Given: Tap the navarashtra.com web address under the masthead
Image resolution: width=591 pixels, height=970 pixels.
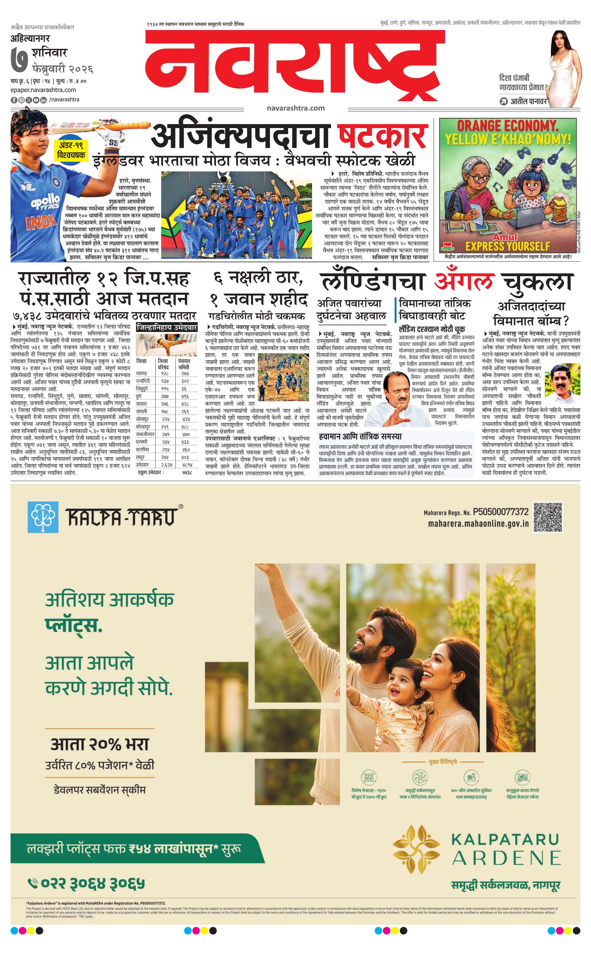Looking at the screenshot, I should coord(295,108).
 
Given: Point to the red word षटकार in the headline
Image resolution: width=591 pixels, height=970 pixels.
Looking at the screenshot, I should coord(382,136).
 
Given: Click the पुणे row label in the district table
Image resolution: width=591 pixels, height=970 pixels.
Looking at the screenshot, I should coord(139,396).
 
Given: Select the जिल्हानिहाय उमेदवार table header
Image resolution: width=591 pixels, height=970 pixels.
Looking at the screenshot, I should coord(166,328).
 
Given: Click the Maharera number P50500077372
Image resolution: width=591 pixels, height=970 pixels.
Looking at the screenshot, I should coord(500,512).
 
